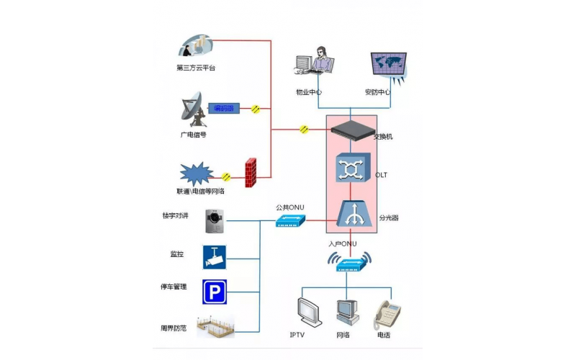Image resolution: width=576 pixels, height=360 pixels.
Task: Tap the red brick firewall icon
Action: coord(251,174)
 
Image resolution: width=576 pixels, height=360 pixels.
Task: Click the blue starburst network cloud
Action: coord(197,173)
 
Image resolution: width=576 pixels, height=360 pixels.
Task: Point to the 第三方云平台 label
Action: coord(196,68)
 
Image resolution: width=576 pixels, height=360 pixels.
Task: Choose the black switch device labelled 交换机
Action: coord(351,130)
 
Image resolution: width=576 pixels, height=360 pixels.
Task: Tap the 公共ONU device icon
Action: coord(290,221)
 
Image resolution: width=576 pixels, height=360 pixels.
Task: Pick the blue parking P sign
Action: coord(214,292)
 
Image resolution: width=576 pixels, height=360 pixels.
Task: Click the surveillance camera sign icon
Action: coord(214,256)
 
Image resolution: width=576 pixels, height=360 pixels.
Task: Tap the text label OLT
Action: coord(382,176)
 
